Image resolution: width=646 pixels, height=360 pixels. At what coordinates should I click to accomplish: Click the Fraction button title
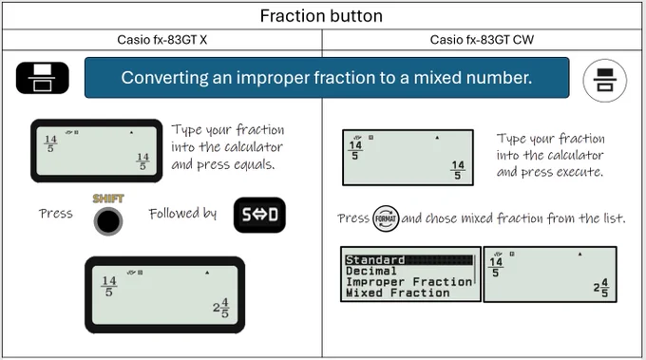pyautogui.click(x=321, y=16)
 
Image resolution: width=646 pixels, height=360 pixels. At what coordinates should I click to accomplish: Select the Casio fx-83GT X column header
pyautogui.click(x=161, y=40)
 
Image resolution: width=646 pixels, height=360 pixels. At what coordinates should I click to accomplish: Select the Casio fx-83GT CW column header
pyautogui.click(x=482, y=40)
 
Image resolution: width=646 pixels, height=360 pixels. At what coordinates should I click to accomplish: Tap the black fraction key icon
pyautogui.click(x=43, y=78)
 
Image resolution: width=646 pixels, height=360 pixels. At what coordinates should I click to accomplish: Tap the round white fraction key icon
pyautogui.click(x=604, y=80)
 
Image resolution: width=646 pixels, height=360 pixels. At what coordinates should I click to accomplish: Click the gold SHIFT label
pyautogui.click(x=108, y=199)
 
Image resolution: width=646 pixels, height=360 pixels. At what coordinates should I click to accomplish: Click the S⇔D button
pyautogui.click(x=259, y=215)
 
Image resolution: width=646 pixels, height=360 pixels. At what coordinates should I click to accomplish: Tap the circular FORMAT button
pyautogui.click(x=385, y=218)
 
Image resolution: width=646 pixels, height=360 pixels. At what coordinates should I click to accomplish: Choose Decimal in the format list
pyautogui.click(x=370, y=271)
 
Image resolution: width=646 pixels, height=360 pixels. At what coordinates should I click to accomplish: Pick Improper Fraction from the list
pyautogui.click(x=408, y=282)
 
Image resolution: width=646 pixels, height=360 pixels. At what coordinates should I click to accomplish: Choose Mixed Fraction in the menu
pyautogui.click(x=397, y=293)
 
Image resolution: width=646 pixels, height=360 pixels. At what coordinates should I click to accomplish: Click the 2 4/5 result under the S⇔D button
pyautogui.click(x=220, y=308)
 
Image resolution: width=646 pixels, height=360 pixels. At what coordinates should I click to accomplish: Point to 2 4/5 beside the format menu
pyautogui.click(x=600, y=288)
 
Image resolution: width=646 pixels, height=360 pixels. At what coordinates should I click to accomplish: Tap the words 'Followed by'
pyautogui.click(x=182, y=214)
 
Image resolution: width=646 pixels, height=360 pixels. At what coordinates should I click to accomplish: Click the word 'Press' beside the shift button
pyautogui.click(x=56, y=214)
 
